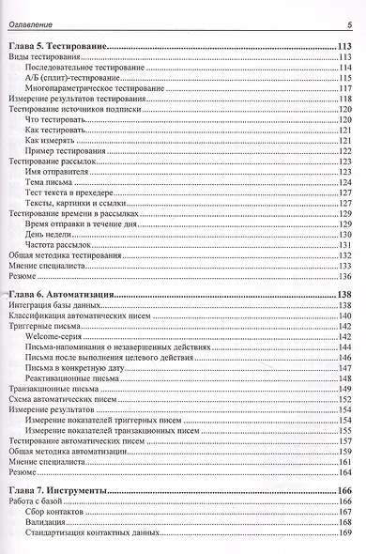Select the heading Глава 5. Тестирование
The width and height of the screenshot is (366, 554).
pos(56,45)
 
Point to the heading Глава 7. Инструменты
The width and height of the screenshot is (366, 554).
pos(57,490)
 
